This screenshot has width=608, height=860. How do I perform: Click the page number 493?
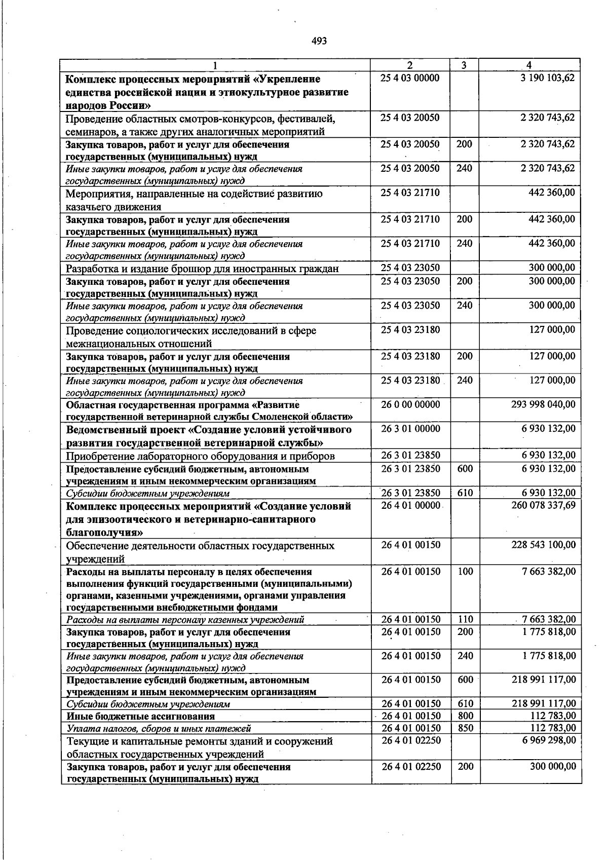pos(319,41)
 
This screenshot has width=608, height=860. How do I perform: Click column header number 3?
pos(464,65)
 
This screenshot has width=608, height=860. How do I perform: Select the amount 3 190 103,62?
pos(547,79)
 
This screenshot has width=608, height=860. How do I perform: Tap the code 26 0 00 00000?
pos(410,404)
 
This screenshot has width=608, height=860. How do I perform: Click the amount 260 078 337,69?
pos(544,505)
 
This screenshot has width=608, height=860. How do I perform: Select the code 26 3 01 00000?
pos(410,429)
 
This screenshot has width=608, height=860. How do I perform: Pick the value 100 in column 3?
pos(465,572)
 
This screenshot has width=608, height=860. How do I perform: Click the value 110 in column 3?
pos(465,619)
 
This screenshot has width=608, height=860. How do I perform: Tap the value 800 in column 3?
pos(465,716)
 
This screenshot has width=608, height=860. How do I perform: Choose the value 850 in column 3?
pos(465,728)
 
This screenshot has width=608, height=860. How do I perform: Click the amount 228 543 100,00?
pos(544,545)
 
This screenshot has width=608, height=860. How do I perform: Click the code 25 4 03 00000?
pos(410,79)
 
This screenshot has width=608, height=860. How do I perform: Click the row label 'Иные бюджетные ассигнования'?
pos(140,717)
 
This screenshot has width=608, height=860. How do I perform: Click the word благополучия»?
pos(104,533)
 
